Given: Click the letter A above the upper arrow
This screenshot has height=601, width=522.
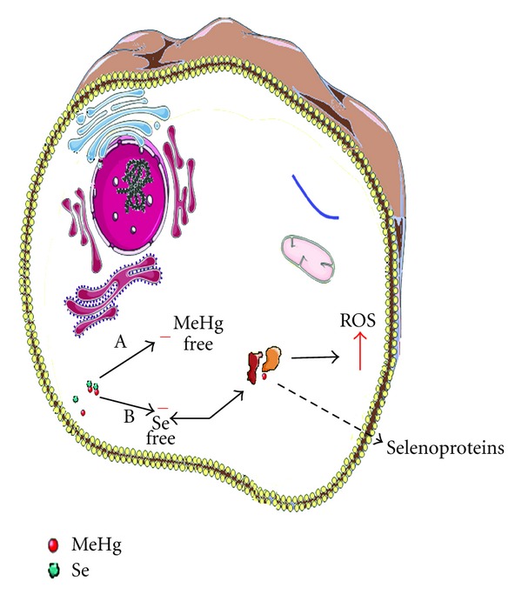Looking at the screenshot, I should coord(123,344).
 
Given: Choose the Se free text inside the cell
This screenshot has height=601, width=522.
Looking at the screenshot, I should coord(162,429).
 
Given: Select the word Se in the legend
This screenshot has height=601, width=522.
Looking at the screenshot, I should coord(85,571).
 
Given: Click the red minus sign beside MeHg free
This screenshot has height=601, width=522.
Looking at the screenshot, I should coord(164,333).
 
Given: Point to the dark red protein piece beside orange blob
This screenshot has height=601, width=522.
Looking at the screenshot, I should coord(257,364).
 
